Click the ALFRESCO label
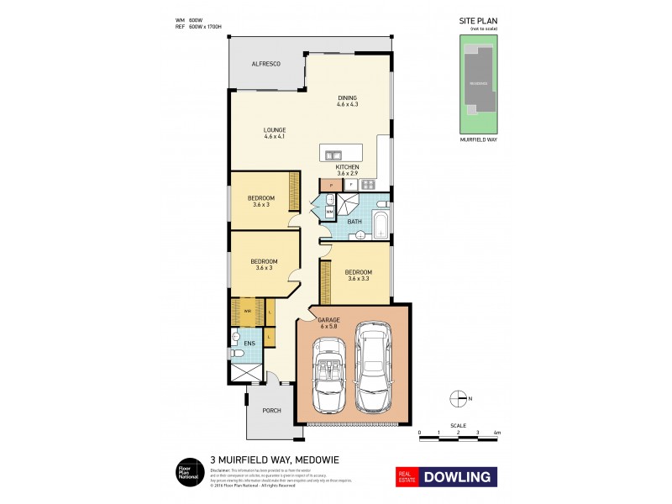coord(265,65)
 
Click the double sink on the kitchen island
coord(333,155)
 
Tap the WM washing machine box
coord(330,213)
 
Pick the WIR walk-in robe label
coord(248,312)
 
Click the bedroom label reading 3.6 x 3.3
coord(358,276)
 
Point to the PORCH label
coord(270,410)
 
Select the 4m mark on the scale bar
coord(497,433)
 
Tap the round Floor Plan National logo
coord(187,472)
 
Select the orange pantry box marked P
coord(331,183)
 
